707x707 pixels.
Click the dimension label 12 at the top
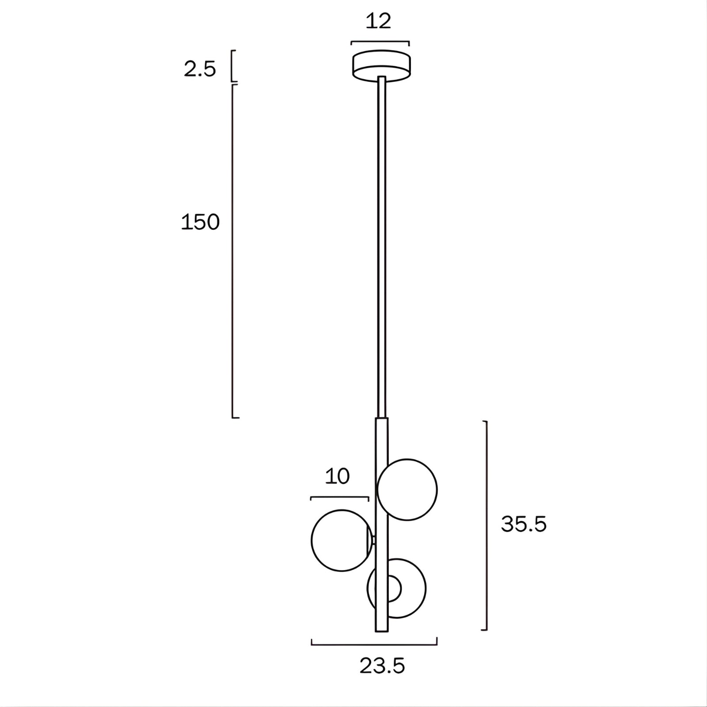378,21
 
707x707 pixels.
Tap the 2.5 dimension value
200,70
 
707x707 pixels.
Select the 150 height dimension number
200,222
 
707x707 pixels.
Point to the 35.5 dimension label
524,525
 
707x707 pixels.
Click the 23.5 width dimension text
382,666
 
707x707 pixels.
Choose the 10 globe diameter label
337,476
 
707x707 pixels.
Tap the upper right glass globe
407,490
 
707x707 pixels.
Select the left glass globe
339,540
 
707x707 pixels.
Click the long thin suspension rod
381,247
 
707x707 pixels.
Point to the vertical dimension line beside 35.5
487,525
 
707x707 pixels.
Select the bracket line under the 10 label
339,498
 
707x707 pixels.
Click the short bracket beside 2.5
233,66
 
